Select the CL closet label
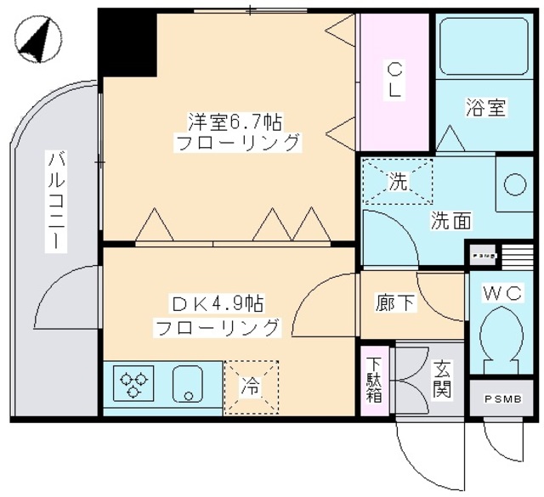point(395,80)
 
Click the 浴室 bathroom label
point(486,108)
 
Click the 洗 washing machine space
point(397,181)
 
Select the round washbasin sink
point(515,184)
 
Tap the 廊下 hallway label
point(395,303)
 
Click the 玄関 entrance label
point(443,380)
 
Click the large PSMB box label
point(504,399)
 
